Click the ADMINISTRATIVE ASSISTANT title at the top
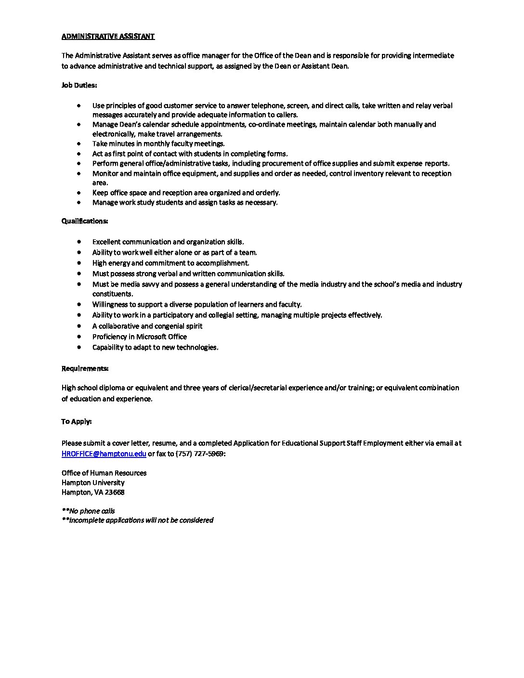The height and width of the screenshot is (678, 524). click(x=108, y=36)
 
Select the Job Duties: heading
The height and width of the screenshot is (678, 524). click(x=79, y=85)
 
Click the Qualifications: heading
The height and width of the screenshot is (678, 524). click(x=84, y=221)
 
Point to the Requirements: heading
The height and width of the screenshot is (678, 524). click(x=85, y=368)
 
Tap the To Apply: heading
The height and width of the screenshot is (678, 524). click(x=76, y=421)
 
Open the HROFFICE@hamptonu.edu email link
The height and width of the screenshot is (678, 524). click(x=104, y=454)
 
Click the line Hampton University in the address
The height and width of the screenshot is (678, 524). click(x=93, y=482)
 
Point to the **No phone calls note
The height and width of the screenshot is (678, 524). click(x=88, y=511)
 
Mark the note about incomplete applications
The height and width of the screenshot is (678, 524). click(x=137, y=520)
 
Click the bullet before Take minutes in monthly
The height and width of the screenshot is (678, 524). click(x=79, y=143)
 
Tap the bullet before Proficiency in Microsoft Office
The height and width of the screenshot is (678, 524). click(x=79, y=337)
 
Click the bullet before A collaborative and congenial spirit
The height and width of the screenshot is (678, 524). click(x=79, y=326)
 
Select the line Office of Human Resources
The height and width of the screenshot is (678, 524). click(x=104, y=473)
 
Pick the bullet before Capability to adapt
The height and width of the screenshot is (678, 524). click(x=79, y=347)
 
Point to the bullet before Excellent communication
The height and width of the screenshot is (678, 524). click(x=79, y=242)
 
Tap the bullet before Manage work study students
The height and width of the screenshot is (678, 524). click(x=79, y=202)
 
